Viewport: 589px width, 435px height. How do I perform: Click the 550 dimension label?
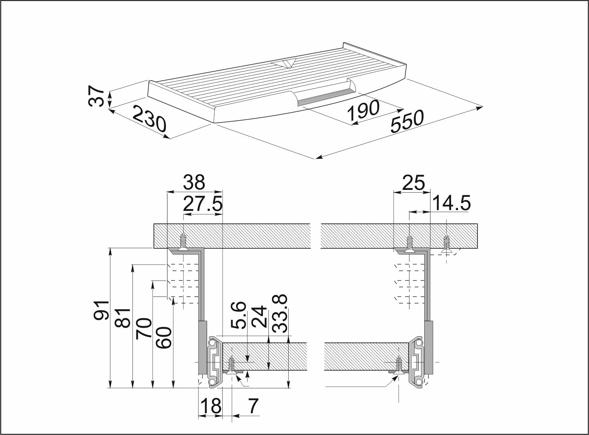(x=407, y=121)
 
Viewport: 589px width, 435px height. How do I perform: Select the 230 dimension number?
(x=149, y=119)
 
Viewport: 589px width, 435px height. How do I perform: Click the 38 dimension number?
(x=194, y=182)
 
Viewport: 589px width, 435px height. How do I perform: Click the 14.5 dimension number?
(x=451, y=203)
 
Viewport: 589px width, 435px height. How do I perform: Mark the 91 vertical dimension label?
(x=101, y=310)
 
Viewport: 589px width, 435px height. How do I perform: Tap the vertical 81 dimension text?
(x=123, y=318)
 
